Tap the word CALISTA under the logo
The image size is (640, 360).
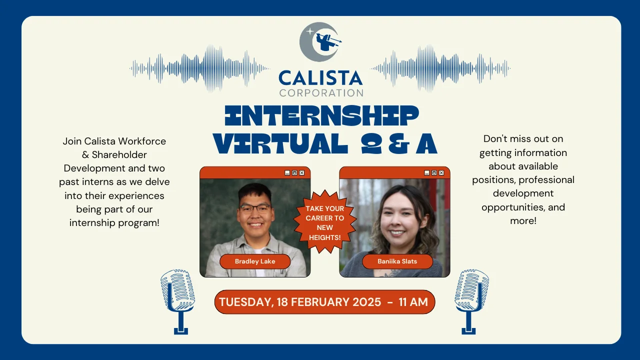pyautogui.click(x=320, y=78)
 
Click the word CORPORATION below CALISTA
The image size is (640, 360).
pyautogui.click(x=321, y=93)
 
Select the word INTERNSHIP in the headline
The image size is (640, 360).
pyautogui.click(x=321, y=116)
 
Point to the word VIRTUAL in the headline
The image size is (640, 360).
pyautogui.click(x=280, y=144)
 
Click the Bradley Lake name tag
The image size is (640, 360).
pyautogui.click(x=255, y=261)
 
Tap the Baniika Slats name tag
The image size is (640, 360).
pyautogui.click(x=397, y=261)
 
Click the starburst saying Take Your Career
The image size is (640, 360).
pyautogui.click(x=325, y=222)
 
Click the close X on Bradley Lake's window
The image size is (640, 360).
pyautogui.click(x=302, y=173)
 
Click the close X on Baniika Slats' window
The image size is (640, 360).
pyautogui.click(x=441, y=173)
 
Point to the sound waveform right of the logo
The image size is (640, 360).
pyautogui.click(x=440, y=68)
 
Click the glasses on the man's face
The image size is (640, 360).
pyautogui.click(x=254, y=208)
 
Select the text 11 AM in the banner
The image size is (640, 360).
pyautogui.click(x=413, y=302)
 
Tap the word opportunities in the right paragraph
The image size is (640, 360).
pyautogui.click(x=523, y=207)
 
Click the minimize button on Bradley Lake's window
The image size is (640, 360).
pyautogui.click(x=287, y=173)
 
